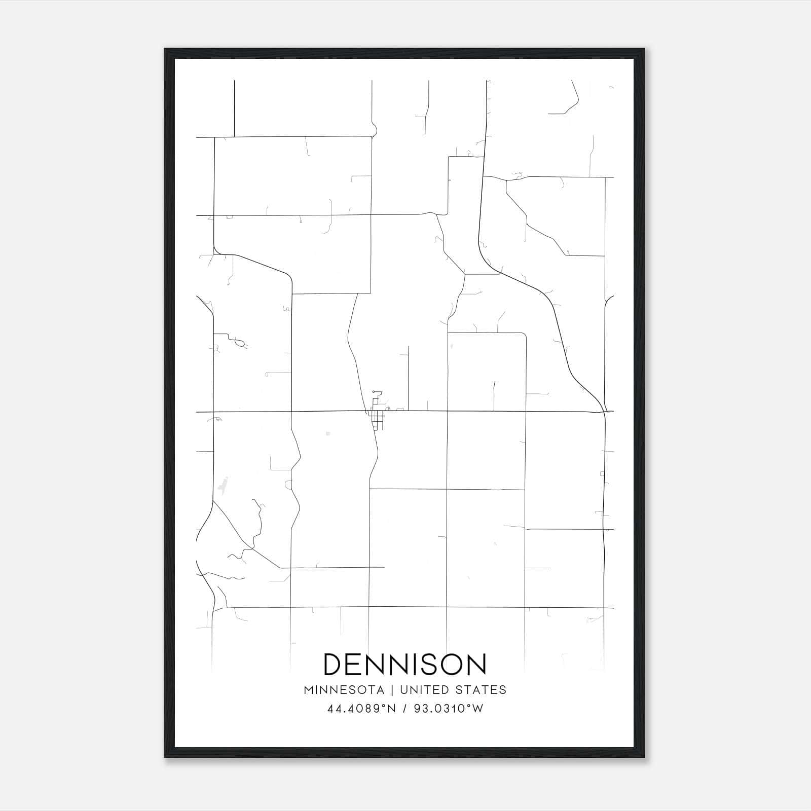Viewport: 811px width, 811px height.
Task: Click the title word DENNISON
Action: coord(405,664)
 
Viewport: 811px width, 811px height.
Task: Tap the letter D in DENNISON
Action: coord(334,664)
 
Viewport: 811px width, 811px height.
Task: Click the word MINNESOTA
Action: coord(344,690)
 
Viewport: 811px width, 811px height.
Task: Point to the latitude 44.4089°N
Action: coord(361,709)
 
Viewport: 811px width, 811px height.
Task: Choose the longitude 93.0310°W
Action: coord(449,709)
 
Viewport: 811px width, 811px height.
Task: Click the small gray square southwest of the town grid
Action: coord(328,434)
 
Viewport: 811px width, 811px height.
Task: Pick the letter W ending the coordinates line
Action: coord(477,709)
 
